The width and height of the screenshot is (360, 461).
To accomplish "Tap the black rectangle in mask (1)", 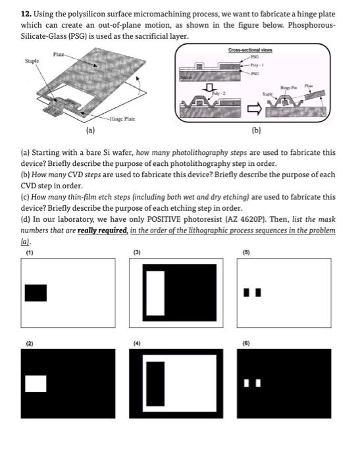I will point(36,293).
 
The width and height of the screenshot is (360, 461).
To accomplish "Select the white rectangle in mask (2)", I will point(36,384).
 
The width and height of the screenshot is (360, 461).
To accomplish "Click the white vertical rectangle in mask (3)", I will point(155,293).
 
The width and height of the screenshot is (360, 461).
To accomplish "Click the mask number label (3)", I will point(137,252).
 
